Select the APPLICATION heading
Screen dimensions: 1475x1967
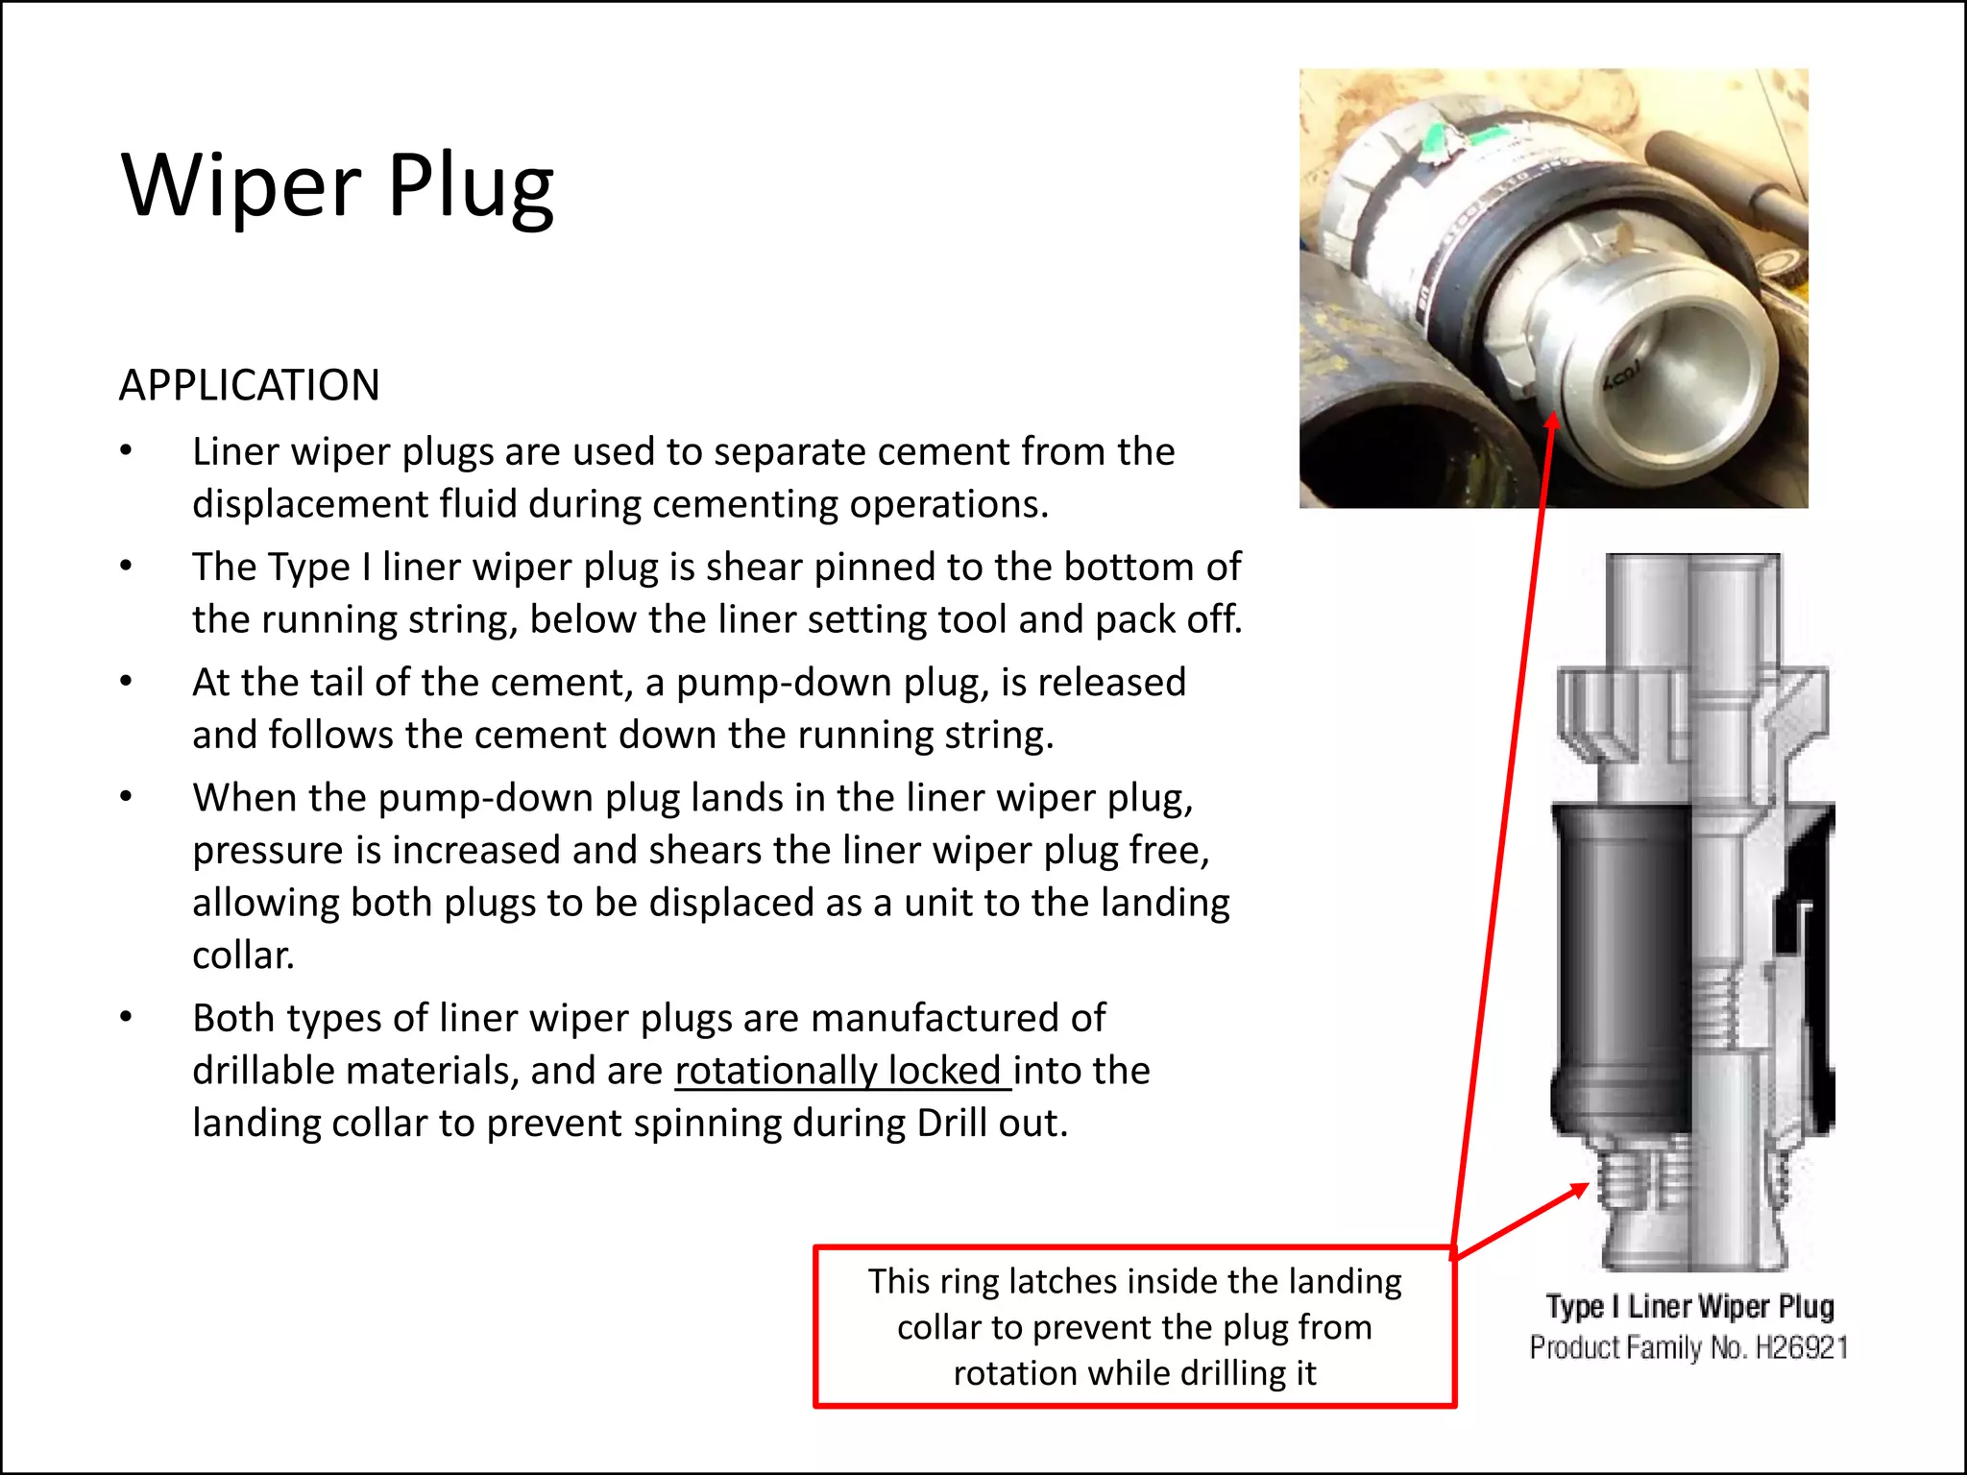tap(250, 385)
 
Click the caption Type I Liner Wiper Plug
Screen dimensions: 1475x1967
tap(1689, 1307)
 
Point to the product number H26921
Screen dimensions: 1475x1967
tap(1801, 1348)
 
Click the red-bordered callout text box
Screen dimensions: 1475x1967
tap(1134, 1327)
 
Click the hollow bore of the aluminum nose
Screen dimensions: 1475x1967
tap(1690, 384)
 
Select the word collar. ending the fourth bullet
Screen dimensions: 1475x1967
tap(243, 955)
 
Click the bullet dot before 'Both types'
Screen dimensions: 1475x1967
tap(126, 1018)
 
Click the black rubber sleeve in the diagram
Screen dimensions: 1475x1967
tap(1623, 960)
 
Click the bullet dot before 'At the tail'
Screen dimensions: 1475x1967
tap(126, 683)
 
